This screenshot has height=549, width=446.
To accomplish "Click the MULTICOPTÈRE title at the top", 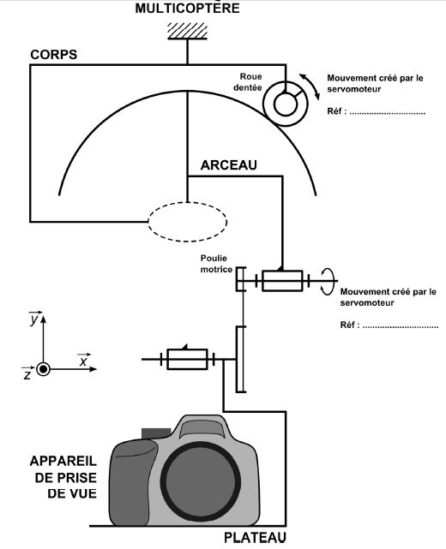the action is pos(187,8).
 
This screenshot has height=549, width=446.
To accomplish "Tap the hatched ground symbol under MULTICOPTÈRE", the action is pos(187,31).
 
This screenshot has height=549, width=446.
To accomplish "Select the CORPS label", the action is pos(54,55).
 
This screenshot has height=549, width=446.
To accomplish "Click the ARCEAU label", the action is pos(229,165).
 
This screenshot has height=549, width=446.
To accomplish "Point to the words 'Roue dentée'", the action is pos(248,82).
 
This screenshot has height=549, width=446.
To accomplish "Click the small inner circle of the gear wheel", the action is pos(286,104).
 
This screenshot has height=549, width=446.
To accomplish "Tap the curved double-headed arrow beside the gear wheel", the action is pos(310,87).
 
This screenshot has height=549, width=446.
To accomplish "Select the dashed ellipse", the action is pos(187,242).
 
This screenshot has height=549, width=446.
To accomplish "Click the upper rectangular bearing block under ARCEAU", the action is pos(282,281).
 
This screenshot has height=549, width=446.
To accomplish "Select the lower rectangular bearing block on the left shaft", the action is pos(187,359).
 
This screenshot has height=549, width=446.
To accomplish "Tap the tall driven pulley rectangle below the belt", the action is pos(240,359).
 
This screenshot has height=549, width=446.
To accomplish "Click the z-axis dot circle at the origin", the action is pos(44,369).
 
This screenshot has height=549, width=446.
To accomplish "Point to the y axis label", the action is pos(34,318).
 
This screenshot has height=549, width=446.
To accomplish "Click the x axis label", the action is pos(83,360).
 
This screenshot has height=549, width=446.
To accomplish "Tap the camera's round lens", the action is pos(201,481).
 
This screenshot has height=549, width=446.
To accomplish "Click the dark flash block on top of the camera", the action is pos(156,433).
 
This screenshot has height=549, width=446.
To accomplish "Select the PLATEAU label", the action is pos(255,538).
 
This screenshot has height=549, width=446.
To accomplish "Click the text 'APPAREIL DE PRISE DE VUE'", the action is pos(63,477).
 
